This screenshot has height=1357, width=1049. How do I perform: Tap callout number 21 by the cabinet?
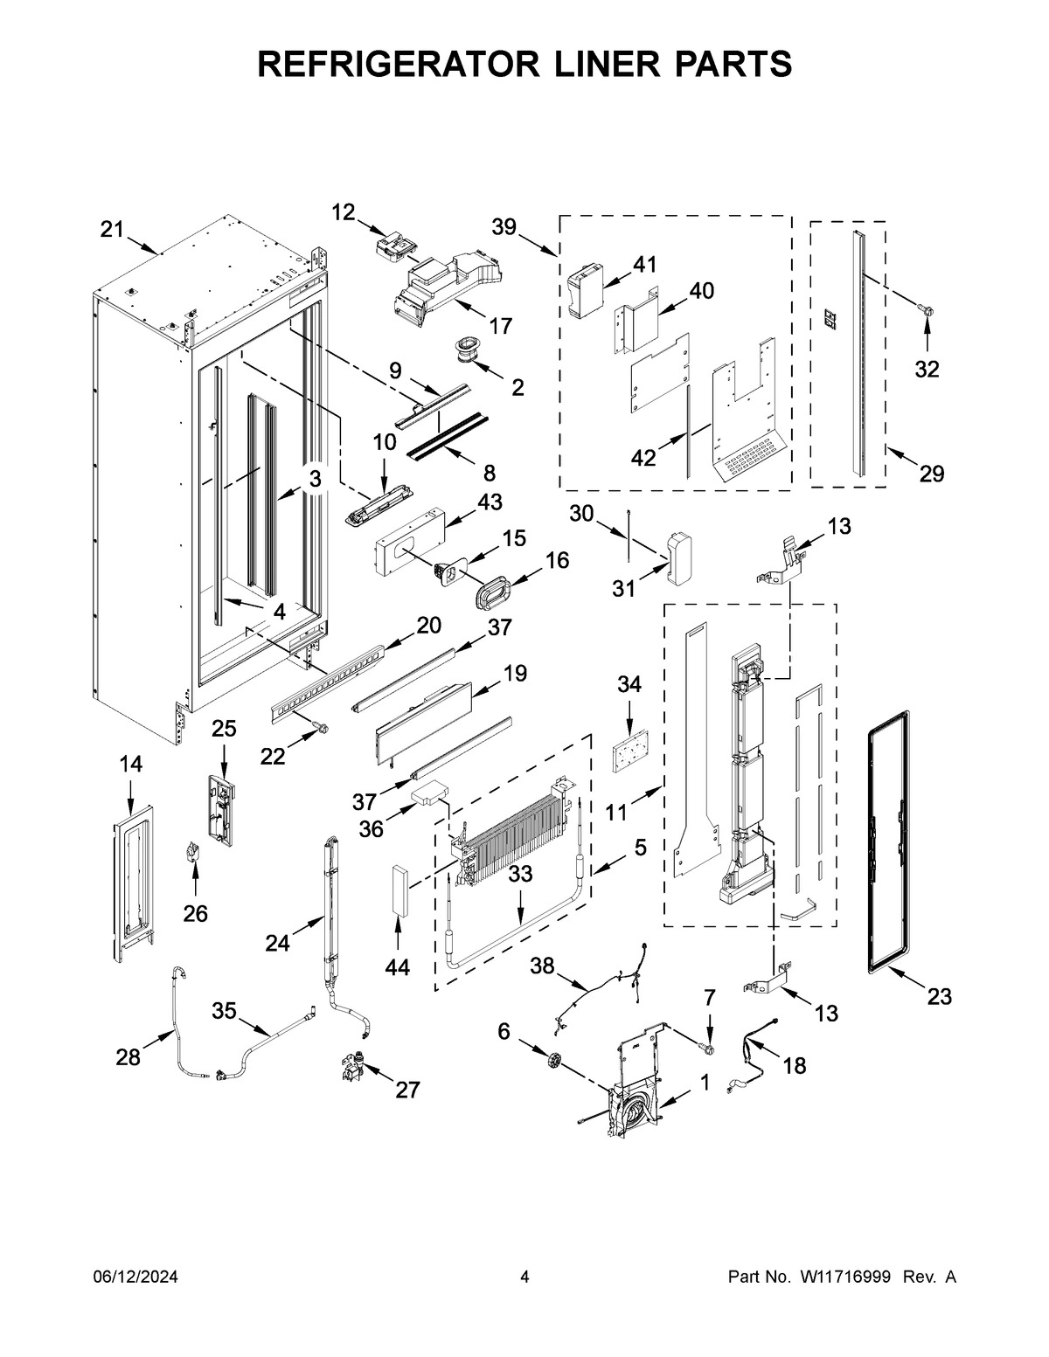click(111, 230)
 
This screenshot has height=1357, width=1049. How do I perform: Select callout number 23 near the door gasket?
click(939, 996)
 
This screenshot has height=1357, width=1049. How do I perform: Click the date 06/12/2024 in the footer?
click(135, 1277)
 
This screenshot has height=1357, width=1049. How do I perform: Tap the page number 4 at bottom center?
click(524, 1277)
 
